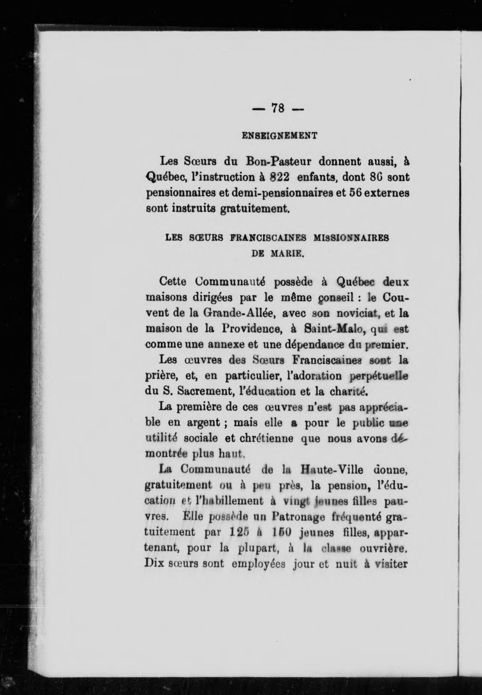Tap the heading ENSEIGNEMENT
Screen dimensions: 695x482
point(279,136)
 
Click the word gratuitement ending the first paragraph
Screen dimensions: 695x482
point(253,209)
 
